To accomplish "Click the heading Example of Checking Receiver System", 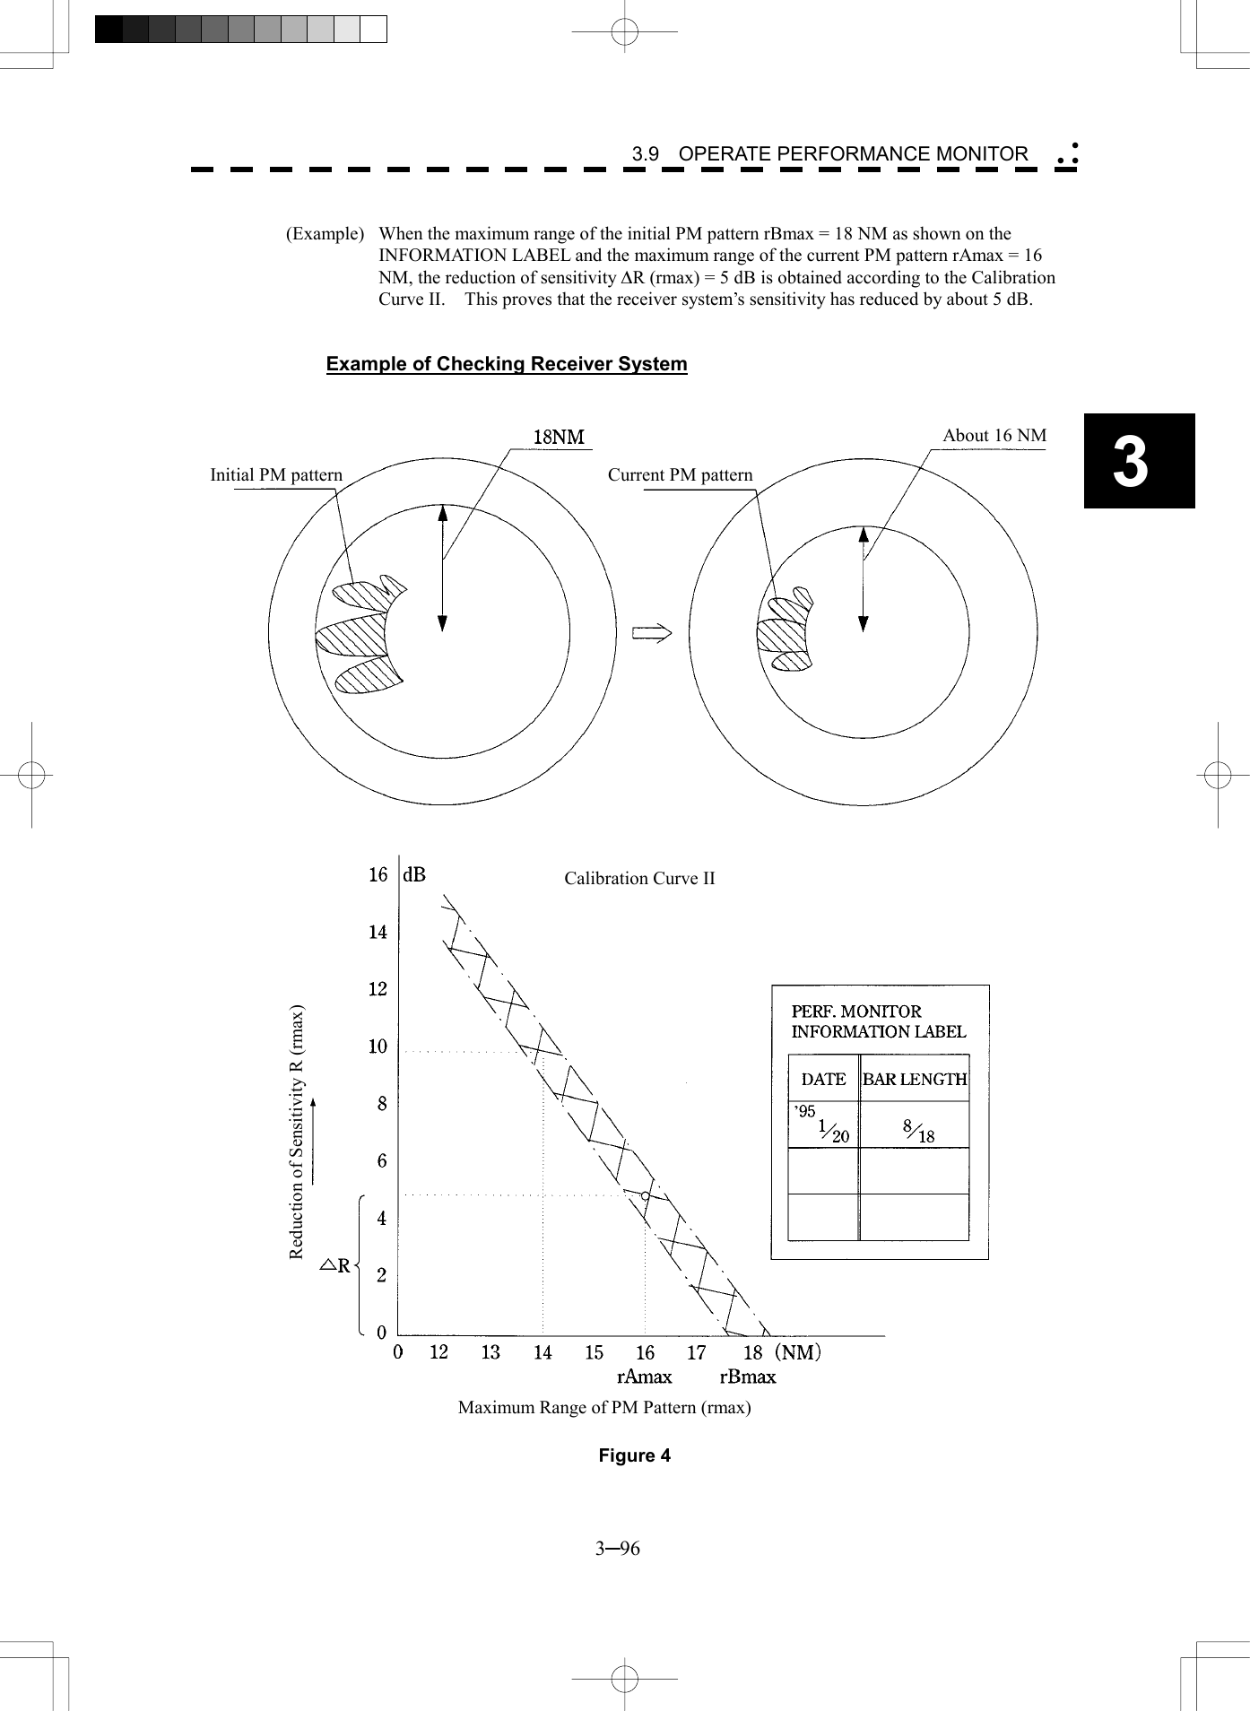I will tap(507, 364).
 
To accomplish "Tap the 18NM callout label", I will tap(558, 437).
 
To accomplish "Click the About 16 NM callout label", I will tap(994, 436).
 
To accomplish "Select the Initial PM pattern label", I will tap(276, 475).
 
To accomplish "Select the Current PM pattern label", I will tap(680, 475).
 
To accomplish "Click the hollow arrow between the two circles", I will tap(652, 633).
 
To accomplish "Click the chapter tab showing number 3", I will tap(1138, 461).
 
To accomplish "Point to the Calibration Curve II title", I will tap(639, 879).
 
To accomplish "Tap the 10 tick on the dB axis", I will tap(378, 1047).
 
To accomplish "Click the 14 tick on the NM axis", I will tap(543, 1352).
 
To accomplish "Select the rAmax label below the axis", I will tap(644, 1377).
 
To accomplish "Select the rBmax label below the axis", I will tap(747, 1377).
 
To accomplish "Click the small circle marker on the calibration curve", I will tap(645, 1196).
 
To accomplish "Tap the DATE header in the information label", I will tap(823, 1080).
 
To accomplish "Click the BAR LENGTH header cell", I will tap(914, 1080).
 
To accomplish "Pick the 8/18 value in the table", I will tap(918, 1132).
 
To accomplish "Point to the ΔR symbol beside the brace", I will tap(336, 1267).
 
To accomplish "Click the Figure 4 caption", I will tap(634, 1455).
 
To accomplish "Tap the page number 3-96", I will tap(617, 1549).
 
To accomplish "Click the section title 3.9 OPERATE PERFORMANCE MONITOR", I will tap(829, 154).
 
